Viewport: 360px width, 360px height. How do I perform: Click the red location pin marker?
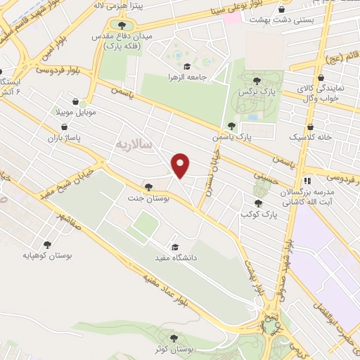pos(181,165)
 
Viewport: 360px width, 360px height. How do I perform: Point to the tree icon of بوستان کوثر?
pos(173,337)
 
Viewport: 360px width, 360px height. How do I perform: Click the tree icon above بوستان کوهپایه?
pos(47,245)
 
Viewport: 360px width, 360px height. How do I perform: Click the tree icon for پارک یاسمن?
pos(231,126)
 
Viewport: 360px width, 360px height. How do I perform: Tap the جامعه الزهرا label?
pos(185,77)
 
